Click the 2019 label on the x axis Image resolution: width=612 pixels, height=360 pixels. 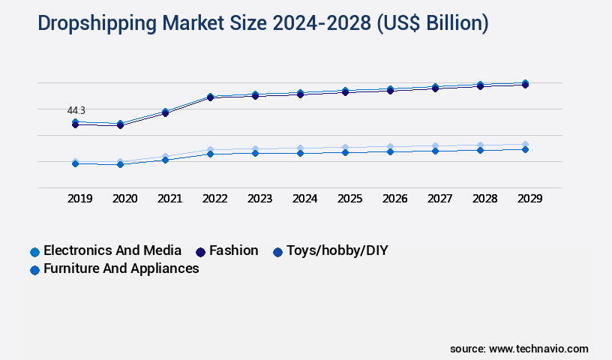coord(80,199)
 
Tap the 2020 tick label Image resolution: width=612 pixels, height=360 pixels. coord(125,199)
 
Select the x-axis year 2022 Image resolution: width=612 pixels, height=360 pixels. coord(215,199)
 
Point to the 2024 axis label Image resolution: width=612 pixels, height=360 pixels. coord(305,199)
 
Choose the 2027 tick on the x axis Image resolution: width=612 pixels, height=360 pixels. coord(440,199)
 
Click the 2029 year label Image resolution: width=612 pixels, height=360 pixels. coord(529,199)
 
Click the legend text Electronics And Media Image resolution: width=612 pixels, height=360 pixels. coord(112,250)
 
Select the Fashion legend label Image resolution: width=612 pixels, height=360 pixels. coord(233,250)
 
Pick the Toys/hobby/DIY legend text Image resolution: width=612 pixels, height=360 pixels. coord(337,250)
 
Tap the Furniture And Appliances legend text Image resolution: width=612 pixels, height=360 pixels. coord(121,268)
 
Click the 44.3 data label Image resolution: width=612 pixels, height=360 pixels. coord(76,110)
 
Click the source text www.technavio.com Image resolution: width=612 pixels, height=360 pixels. coord(538,349)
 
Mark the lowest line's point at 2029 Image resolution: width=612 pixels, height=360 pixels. coord(525,149)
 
